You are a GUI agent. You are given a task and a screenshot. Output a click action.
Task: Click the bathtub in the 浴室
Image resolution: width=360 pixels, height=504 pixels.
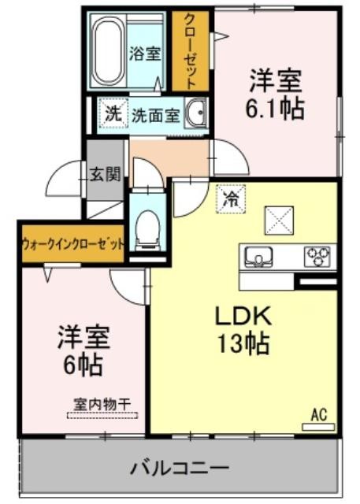109,50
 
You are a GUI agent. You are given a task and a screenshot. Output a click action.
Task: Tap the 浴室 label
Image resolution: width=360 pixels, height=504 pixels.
145,54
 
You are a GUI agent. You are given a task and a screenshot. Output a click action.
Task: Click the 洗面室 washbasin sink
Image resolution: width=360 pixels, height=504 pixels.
195,113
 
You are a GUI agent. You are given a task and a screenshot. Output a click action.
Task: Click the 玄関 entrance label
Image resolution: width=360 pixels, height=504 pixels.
105,174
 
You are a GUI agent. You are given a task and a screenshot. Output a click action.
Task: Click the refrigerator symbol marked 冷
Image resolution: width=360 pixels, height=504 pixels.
231,199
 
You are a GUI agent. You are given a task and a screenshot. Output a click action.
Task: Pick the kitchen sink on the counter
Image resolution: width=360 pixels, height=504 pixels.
258,258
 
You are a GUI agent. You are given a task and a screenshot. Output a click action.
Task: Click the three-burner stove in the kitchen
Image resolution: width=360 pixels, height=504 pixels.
317,257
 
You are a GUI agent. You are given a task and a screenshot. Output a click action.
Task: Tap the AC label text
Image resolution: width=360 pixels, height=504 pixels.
319,415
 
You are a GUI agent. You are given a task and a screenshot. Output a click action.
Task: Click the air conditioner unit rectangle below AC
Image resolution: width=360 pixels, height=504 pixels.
318,427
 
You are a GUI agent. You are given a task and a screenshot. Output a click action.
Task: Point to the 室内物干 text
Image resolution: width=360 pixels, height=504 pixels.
102,404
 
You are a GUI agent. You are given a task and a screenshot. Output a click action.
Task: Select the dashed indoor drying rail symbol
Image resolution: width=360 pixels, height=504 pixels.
102,415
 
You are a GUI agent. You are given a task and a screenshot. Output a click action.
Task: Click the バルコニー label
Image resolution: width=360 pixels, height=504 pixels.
180,469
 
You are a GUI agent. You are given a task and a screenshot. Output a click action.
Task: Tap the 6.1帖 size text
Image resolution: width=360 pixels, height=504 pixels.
274,108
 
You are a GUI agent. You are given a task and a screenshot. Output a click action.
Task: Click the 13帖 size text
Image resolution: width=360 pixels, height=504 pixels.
243,343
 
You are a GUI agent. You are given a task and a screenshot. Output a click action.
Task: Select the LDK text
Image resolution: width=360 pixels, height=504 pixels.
243,316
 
